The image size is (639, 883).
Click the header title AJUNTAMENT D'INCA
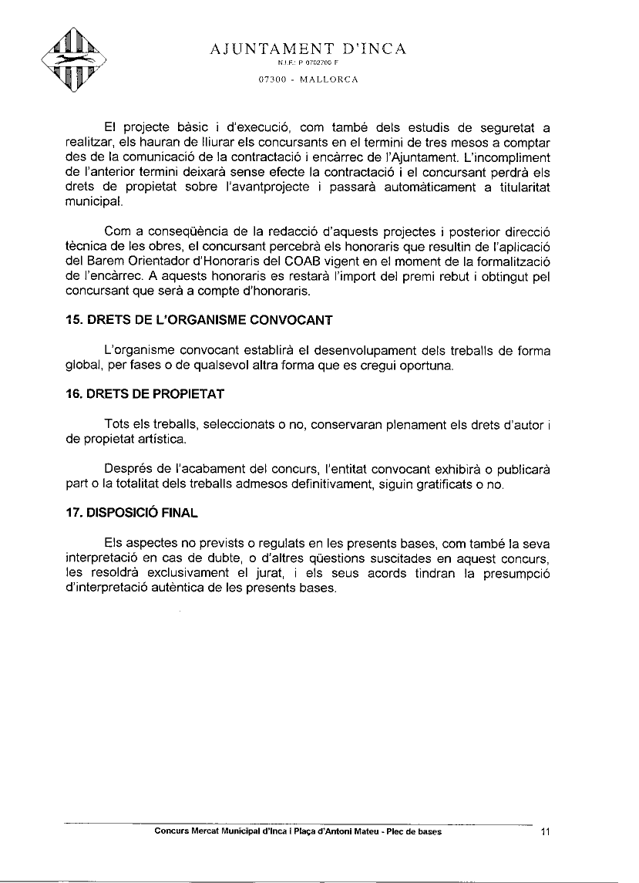[308, 50]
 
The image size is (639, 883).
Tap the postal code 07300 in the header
[272, 79]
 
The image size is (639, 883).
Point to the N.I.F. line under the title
[308, 65]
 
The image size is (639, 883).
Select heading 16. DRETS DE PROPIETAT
[145, 394]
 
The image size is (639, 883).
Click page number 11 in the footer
[546, 832]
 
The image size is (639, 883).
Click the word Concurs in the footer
[172, 832]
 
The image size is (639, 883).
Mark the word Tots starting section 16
[116, 425]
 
